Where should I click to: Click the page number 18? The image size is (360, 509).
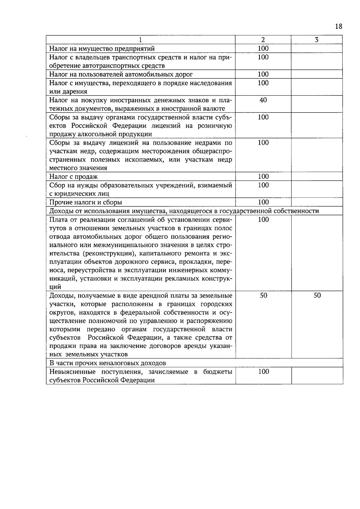[338, 26]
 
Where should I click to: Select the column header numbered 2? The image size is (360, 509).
[263, 40]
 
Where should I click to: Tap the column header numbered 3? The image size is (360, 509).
[317, 40]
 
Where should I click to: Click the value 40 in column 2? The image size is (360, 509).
[263, 100]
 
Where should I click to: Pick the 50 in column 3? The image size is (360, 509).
[317, 295]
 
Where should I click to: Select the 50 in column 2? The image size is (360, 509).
[263, 295]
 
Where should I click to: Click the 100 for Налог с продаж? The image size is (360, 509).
[263, 176]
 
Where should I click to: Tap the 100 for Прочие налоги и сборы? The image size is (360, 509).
[263, 202]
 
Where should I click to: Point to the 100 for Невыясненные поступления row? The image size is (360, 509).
[263, 372]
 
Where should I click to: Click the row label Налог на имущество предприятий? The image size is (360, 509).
[102, 49]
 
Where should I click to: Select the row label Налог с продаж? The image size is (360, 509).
[73, 177]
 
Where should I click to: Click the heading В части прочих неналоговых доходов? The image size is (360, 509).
[107, 363]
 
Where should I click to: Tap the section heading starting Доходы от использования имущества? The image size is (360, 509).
[184, 211]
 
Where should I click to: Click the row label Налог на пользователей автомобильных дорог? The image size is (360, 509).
[121, 74]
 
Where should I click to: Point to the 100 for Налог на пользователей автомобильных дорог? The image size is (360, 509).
[263, 74]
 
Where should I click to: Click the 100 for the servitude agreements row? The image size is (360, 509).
[263, 220]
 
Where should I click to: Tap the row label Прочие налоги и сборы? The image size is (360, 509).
[85, 202]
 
